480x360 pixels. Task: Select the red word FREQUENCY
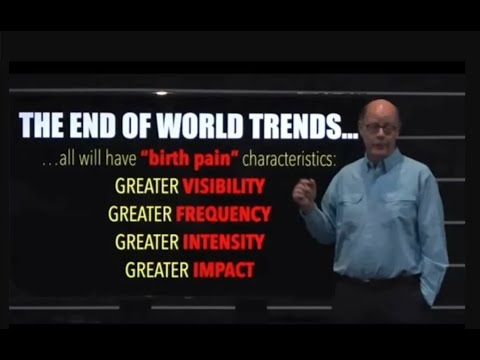(223, 213)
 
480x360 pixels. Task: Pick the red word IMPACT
(225, 269)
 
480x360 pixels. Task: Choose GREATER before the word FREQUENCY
(140, 213)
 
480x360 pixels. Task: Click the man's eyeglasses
(381, 127)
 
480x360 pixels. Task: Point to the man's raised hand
(305, 190)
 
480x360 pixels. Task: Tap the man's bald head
(380, 108)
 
